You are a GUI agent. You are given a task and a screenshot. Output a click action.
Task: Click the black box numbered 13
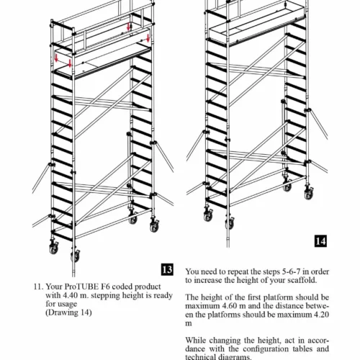coord(167,269)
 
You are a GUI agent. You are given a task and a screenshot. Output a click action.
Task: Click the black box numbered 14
coord(320,241)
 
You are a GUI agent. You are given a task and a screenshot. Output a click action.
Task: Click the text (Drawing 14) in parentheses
coord(68,312)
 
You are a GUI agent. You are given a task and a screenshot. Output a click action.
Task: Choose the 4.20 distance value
coord(321,315)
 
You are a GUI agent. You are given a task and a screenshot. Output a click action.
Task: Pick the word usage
coord(68,305)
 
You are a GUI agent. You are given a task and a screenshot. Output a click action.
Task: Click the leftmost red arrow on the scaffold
coord(56,58)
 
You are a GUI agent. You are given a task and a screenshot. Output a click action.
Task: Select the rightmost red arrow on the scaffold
coord(148,38)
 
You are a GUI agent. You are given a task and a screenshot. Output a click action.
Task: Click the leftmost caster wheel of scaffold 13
coord(54,248)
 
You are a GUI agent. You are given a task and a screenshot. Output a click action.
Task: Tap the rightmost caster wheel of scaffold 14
coord(308,194)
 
